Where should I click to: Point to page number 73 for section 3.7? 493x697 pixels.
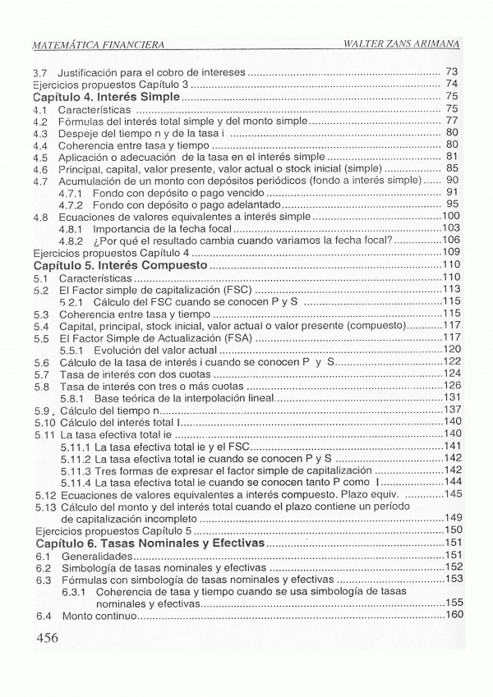click(x=450, y=72)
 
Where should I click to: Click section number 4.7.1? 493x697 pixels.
click(x=71, y=191)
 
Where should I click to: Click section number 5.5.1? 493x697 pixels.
click(x=72, y=349)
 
